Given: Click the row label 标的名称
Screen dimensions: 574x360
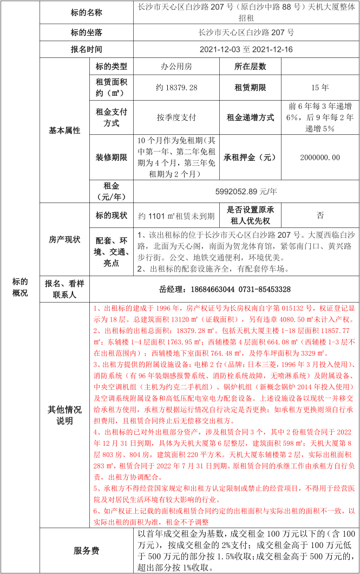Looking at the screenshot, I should pos(86,12).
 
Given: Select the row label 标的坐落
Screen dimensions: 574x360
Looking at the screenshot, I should pos(86,32).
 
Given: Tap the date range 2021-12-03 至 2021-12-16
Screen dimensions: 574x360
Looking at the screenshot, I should pos(246,49).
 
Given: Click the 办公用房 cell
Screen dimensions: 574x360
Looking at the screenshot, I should pos(176,67).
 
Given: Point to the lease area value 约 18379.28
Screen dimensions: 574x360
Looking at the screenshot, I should pos(176,87).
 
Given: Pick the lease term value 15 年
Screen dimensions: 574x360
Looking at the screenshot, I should pos(320,87).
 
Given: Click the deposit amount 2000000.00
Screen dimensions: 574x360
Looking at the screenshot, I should pos(320,157).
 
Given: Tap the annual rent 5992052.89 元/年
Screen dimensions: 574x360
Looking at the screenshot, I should pos(246,191).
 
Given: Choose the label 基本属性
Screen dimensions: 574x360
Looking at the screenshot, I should pos(64,131).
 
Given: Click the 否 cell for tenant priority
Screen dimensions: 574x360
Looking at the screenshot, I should pos(320,216).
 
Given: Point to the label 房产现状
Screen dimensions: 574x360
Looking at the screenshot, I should pos(64,239).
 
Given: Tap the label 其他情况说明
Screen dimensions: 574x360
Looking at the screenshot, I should pos(64,415).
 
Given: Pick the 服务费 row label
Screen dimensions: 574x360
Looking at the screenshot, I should pos(86,551).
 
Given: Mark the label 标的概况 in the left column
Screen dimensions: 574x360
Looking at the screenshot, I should pos(20,287).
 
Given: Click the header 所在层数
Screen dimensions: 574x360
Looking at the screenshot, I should pos(250,67).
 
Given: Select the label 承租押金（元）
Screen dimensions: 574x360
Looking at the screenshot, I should pos(250,157).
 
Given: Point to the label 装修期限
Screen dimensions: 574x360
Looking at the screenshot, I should pos(111,157).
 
